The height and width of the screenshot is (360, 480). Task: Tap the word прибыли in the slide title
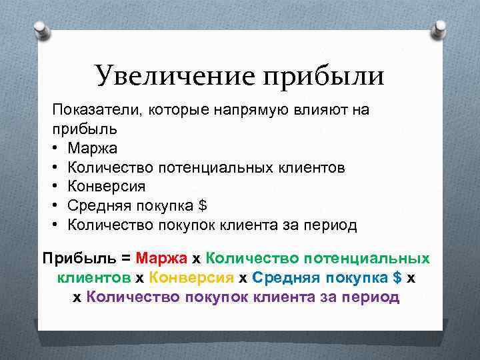coord(324,76)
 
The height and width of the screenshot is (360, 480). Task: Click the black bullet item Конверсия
coord(106,186)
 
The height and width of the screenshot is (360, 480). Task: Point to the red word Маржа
coord(162,257)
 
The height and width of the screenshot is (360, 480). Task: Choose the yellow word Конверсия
coord(192,277)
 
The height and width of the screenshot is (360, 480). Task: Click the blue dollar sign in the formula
coord(397,277)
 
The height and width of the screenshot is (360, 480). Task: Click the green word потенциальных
coord(375,257)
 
